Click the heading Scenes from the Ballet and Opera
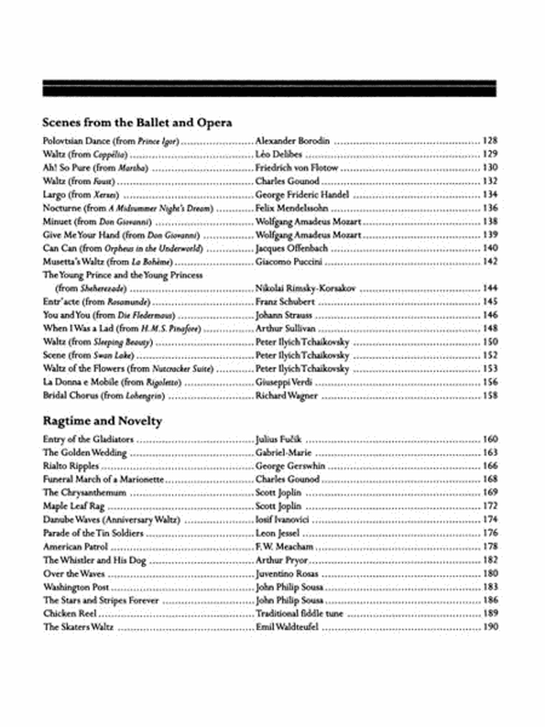coord(137,122)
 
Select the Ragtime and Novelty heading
coord(102,420)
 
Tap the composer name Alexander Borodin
coord(292,141)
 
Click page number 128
coord(490,141)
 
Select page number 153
coord(490,368)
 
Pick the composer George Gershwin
coord(290,466)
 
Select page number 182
coord(490,560)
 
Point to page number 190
coord(490,627)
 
